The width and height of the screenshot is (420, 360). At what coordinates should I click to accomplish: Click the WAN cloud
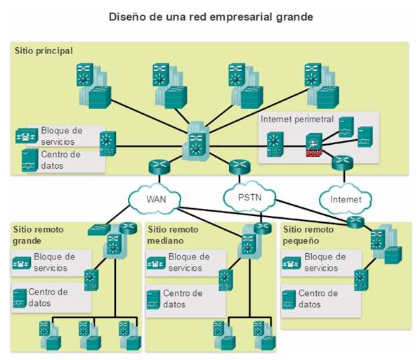155,199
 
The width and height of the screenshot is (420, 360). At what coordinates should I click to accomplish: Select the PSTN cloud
249,198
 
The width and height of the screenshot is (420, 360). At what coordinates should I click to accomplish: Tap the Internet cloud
346,200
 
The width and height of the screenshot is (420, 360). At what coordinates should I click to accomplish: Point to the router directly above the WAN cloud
159,167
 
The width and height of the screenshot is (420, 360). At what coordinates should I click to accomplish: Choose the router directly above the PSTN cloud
239,167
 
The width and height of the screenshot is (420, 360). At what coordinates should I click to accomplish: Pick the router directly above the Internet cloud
342,162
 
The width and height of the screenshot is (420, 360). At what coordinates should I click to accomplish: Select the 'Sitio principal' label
44,51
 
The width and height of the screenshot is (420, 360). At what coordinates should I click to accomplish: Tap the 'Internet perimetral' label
297,119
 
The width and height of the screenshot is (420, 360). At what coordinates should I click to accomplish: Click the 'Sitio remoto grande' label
39,235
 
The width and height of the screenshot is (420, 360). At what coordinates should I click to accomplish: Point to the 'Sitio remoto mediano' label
173,235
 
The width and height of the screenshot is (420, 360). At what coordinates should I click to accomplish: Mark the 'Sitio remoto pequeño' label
308,235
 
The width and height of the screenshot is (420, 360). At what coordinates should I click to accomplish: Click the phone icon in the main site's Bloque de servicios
27,136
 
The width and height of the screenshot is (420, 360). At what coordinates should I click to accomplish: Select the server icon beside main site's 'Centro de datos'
29,160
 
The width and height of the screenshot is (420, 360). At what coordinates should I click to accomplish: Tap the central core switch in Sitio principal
196,142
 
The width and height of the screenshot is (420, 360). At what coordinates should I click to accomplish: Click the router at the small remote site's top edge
355,222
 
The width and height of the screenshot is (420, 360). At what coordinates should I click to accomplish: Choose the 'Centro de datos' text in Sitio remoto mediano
183,299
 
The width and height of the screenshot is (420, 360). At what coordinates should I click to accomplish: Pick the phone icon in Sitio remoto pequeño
291,263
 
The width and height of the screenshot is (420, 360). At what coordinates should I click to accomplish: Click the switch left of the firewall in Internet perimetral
275,144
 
